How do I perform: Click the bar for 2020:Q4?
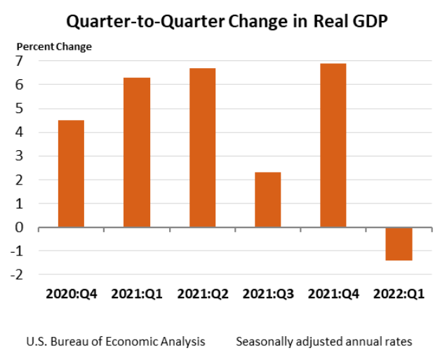pyautogui.click(x=71, y=174)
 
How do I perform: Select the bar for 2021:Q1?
pyautogui.click(x=137, y=152)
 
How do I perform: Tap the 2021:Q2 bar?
pyautogui.click(x=202, y=147)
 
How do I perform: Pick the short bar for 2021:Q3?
pyautogui.click(x=267, y=200)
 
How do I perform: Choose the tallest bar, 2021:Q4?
pyautogui.click(x=333, y=145)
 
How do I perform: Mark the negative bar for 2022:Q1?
pyautogui.click(x=399, y=244)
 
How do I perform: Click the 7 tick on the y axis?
pyautogui.click(x=21, y=61)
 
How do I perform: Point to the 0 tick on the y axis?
pyautogui.click(x=21, y=227)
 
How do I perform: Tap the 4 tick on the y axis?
pyautogui.click(x=21, y=133)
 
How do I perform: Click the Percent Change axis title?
pyautogui.click(x=54, y=47)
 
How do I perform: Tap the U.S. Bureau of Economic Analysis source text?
pyautogui.click(x=116, y=342)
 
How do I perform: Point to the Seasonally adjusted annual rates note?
pyautogui.click(x=324, y=342)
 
